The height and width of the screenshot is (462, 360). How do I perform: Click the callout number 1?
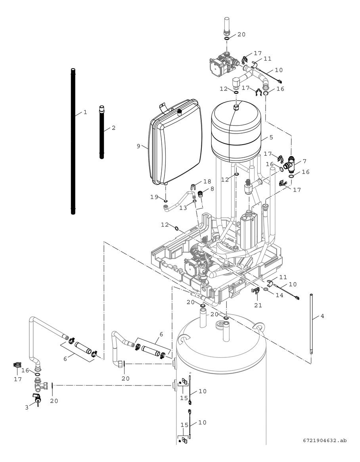tap(85, 113)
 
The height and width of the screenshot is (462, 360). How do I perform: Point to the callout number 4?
tap(322, 316)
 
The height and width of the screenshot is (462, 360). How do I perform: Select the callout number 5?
tap(271, 138)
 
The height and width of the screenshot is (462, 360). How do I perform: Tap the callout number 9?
tap(139, 146)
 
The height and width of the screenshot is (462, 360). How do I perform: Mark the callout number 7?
tap(304, 161)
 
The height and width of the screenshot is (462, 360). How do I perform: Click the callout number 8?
tap(213, 189)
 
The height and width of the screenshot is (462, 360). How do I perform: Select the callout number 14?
tap(280, 295)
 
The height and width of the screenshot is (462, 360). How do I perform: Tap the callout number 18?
tap(207, 181)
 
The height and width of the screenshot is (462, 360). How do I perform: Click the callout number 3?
tap(27, 407)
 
